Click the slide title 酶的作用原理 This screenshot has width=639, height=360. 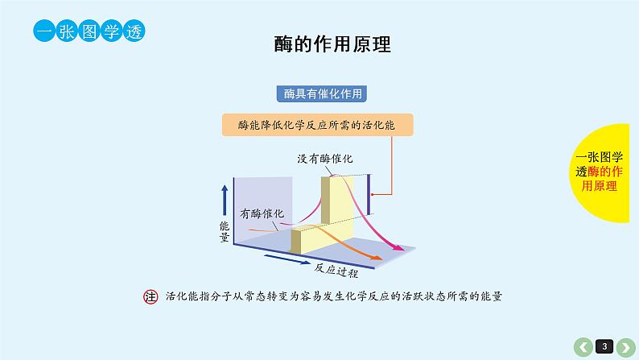[x=332, y=44]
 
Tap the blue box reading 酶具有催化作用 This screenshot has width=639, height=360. [x=322, y=93]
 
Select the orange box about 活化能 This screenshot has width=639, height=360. [x=317, y=125]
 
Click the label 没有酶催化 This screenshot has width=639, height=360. [x=325, y=159]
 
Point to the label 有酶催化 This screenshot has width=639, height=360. [x=262, y=213]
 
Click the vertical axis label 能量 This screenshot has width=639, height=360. [x=225, y=232]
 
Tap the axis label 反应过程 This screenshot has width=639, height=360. [x=336, y=271]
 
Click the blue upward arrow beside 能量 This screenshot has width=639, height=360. [x=225, y=201]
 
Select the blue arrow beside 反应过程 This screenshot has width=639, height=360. [x=287, y=259]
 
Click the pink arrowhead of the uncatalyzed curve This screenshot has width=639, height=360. [x=398, y=246]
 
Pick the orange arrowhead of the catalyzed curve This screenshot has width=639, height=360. [x=376, y=257]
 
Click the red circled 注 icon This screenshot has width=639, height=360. [x=150, y=296]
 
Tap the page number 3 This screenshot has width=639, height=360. [x=604, y=346]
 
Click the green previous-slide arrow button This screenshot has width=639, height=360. [x=583, y=347]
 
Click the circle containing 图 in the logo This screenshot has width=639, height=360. [x=89, y=31]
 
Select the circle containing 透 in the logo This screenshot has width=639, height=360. [x=134, y=31]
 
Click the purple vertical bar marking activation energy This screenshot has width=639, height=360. [x=369, y=194]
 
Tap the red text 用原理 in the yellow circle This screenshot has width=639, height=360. [x=599, y=186]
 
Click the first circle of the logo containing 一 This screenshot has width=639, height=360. [x=44, y=31]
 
